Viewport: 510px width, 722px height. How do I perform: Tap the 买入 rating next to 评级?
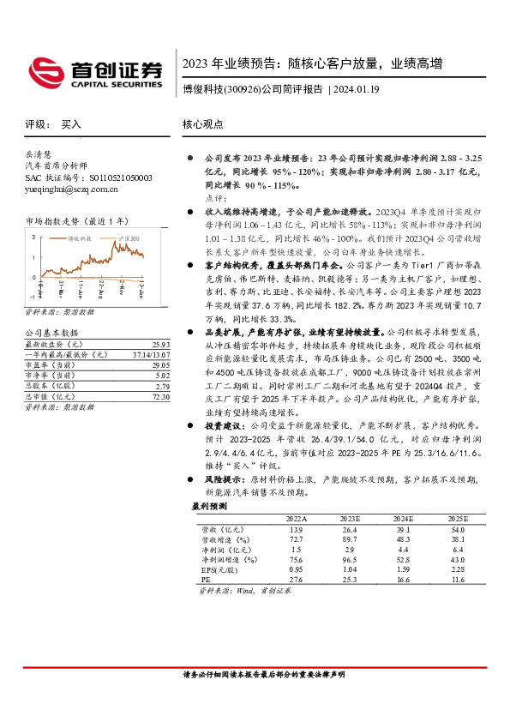click(x=71, y=124)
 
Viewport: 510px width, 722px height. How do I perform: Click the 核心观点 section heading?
click(x=203, y=124)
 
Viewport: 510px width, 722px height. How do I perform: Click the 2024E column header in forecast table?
click(x=404, y=520)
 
